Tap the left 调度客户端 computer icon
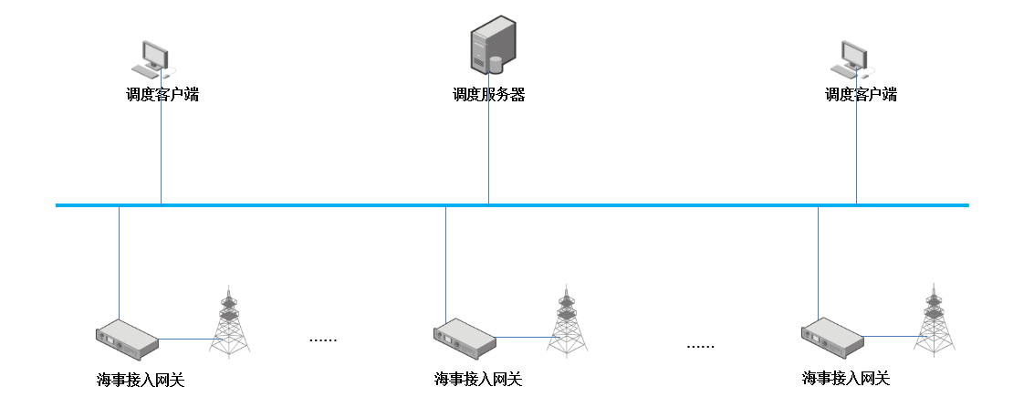[151, 57]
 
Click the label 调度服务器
[488, 95]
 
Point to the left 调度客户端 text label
[162, 95]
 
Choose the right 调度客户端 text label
[861, 95]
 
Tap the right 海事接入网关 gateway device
[832, 335]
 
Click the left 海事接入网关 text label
[141, 380]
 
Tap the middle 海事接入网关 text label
[478, 379]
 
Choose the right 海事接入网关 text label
[846, 378]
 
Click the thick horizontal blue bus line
[639, 205]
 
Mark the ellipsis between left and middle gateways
[323, 340]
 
